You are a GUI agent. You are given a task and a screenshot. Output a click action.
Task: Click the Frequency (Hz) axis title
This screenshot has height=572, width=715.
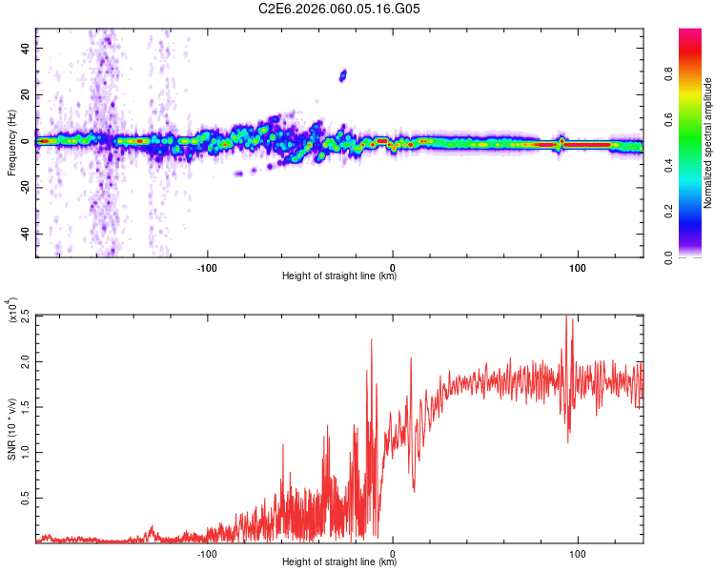11,142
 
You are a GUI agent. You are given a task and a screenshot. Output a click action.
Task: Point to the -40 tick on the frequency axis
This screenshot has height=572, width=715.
24,234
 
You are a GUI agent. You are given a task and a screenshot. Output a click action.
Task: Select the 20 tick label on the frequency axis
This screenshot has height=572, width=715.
24,95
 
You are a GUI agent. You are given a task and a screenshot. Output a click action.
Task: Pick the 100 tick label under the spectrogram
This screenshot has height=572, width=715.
577,266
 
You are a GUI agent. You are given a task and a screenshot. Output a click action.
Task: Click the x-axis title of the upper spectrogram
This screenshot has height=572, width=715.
339,276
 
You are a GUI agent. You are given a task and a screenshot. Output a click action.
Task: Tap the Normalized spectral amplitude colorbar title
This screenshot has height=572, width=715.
708,142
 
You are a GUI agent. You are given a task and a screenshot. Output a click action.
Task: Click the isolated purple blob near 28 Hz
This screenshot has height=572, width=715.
343,74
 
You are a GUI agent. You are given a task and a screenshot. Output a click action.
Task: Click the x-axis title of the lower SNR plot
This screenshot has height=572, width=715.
339,562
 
